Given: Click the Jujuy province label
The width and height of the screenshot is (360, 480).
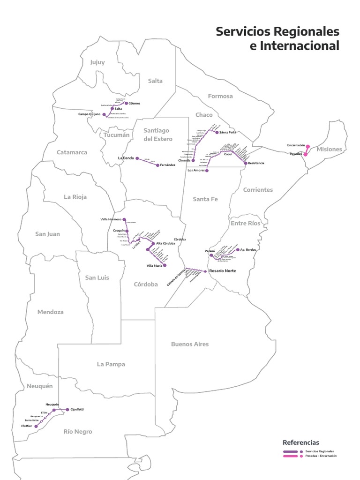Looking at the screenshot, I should (98, 62).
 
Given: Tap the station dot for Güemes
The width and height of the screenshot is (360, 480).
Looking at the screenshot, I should (126, 103).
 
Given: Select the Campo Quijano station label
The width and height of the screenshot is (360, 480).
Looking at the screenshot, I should (89, 114).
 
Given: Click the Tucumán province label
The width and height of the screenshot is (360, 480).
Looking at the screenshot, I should (115, 135).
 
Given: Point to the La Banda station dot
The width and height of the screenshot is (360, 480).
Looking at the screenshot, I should (137, 158).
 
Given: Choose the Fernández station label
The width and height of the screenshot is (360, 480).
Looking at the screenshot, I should (167, 165).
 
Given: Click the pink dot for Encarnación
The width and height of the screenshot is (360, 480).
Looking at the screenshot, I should (308, 146).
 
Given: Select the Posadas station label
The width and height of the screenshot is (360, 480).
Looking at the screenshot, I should (296, 154).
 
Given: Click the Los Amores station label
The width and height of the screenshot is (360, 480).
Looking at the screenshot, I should (196, 170).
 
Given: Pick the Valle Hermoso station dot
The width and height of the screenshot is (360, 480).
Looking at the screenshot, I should (124, 219).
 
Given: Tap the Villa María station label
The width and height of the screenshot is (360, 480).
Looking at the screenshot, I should (154, 266).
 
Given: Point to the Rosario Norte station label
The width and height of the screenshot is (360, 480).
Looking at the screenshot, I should (222, 271).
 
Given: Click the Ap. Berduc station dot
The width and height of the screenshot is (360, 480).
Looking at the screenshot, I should (238, 250).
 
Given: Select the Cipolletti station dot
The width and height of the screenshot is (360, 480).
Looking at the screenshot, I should (67, 409).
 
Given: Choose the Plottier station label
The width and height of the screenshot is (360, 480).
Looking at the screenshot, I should (26, 426).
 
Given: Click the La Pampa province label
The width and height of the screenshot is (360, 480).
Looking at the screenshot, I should (111, 364).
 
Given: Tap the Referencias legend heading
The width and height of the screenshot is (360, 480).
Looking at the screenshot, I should (301, 442).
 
